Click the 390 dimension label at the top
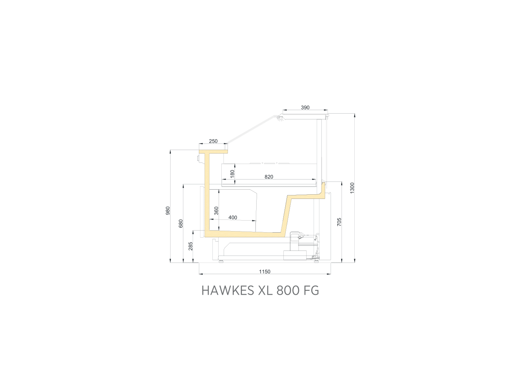pos(305,107)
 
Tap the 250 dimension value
pos(213,141)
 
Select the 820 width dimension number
pos(269,177)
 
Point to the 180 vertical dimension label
pos(232,174)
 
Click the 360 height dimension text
pos(216,211)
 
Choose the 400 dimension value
pos(233,218)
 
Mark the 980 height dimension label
pos(168,211)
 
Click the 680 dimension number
pos(181,224)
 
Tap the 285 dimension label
pos(190,247)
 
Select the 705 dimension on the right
pos(339,222)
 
